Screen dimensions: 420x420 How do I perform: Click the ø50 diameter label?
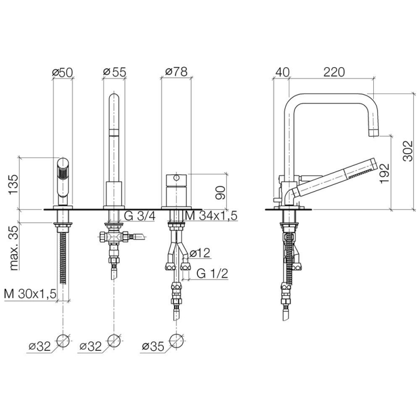point(62,72)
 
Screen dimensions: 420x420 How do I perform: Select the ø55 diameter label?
point(114,72)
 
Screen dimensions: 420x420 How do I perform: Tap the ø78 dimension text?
point(176,72)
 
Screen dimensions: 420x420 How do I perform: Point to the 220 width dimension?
point(334,72)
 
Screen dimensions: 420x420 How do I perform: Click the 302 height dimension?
point(408,151)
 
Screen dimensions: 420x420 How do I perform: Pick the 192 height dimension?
point(385,173)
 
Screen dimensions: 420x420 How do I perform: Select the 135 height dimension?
point(13,185)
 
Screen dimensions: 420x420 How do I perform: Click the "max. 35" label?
point(14,247)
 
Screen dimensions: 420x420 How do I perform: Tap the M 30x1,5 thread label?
point(30,294)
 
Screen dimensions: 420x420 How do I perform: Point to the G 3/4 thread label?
point(140,216)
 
